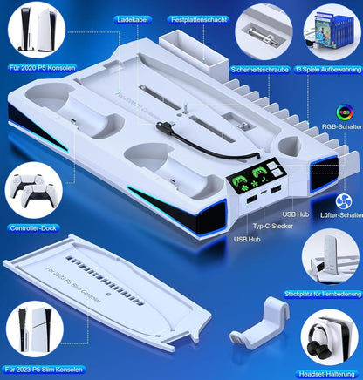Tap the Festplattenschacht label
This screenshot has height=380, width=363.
(x=199, y=20)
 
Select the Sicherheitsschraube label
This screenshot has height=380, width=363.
(x=260, y=70)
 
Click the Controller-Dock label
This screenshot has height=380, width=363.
(x=33, y=228)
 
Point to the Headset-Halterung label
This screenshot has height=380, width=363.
(x=327, y=374)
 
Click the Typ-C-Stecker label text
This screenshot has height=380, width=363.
(x=272, y=226)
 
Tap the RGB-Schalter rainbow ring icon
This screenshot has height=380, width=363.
(x=345, y=112)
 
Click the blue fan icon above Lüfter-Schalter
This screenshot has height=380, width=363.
(x=344, y=201)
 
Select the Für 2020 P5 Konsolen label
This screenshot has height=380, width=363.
(x=43, y=68)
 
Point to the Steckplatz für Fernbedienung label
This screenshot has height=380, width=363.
(x=323, y=294)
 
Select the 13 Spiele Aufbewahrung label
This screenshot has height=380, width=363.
(x=328, y=70)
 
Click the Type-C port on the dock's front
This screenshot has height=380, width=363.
(x=264, y=193)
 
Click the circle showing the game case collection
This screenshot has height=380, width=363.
(x=332, y=32)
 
